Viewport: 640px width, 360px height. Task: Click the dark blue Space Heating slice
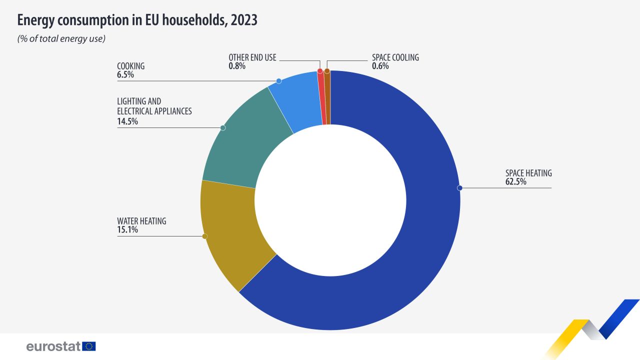coord(400,260)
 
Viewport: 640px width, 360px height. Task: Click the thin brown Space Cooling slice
coord(327,97)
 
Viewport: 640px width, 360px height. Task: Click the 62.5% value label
coord(515,182)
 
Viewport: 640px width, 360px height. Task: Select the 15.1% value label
coord(127,230)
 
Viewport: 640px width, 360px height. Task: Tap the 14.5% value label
coord(127,121)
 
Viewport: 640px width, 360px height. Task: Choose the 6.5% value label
coord(125,75)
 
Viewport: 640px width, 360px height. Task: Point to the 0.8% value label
coord(237,66)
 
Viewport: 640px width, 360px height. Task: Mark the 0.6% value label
coord(380,66)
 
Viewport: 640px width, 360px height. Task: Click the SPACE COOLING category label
coord(395,57)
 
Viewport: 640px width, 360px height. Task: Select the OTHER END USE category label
coord(252,57)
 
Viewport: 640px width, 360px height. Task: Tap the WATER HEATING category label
coord(141,221)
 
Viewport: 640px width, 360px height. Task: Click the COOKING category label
coord(130,66)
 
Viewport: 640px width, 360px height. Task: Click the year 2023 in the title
coord(243,20)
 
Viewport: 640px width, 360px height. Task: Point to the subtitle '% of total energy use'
coord(61,39)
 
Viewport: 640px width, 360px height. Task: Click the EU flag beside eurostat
coord(89,346)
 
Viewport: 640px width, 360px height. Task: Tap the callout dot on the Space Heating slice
coord(460,188)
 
